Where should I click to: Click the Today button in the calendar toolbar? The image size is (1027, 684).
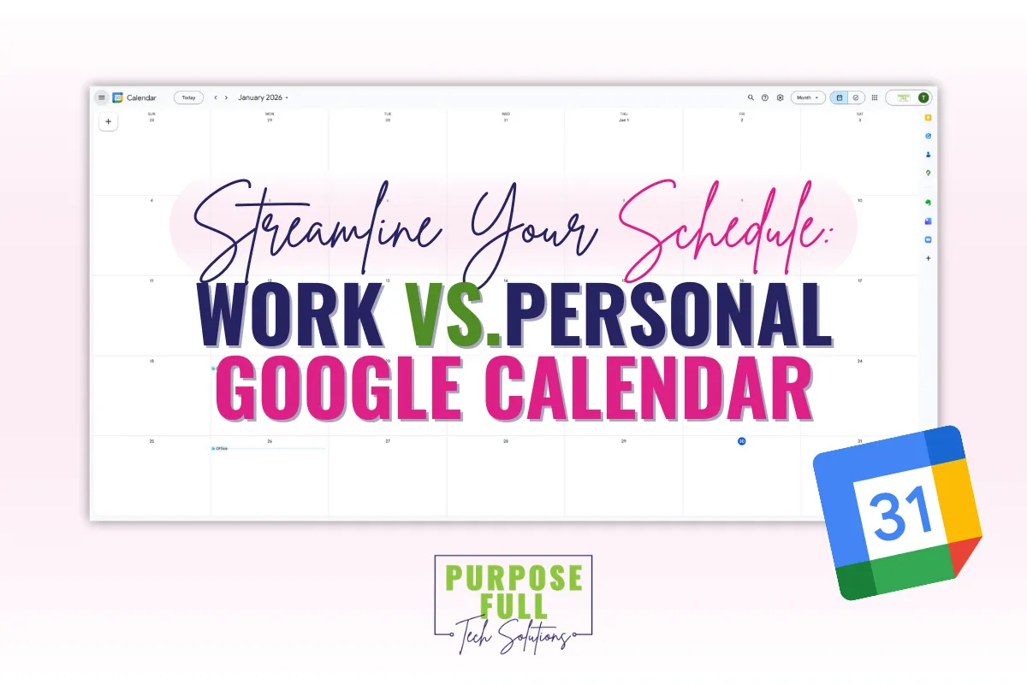(x=188, y=97)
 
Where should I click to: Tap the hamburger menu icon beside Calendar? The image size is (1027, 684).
(x=102, y=97)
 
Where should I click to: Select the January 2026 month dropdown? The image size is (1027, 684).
(x=263, y=97)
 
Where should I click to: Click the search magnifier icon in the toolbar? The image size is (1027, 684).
(x=751, y=97)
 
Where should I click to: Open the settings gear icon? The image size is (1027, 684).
(x=780, y=97)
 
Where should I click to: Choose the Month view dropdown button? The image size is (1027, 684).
(x=807, y=97)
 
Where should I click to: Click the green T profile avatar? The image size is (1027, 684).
(x=923, y=97)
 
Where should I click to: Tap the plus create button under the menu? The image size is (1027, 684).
(x=109, y=122)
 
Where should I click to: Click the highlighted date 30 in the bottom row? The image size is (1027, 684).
(x=741, y=441)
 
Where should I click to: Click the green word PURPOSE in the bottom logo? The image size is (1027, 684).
(x=513, y=578)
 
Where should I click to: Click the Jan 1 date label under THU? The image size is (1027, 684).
(x=623, y=121)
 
